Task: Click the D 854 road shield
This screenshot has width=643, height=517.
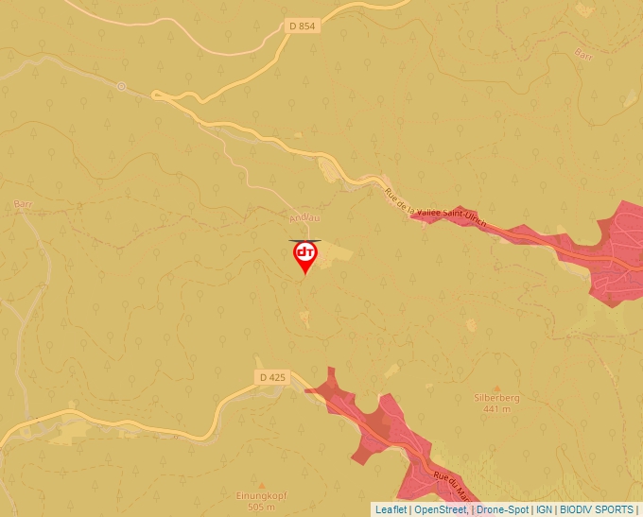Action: click(x=301, y=26)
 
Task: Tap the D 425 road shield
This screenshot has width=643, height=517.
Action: click(x=271, y=377)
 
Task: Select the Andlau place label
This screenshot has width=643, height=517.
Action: click(x=304, y=218)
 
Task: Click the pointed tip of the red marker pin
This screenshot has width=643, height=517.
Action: click(x=304, y=274)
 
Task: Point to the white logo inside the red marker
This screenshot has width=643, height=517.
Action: click(x=304, y=253)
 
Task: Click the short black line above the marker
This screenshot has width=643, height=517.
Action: click(x=304, y=240)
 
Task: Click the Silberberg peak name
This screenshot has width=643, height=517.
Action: click(x=497, y=398)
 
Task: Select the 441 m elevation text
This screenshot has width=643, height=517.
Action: click(x=497, y=409)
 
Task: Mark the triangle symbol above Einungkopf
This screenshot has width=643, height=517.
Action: click(x=262, y=484)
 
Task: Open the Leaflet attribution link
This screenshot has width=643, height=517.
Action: click(x=391, y=509)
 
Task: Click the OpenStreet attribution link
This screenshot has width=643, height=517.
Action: click(x=441, y=509)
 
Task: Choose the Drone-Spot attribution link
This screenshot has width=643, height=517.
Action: click(x=502, y=509)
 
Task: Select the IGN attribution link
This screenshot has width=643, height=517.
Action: click(x=544, y=509)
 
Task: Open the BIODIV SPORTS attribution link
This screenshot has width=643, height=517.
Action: click(x=596, y=509)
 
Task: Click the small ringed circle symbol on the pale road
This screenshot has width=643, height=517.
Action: click(x=121, y=86)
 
